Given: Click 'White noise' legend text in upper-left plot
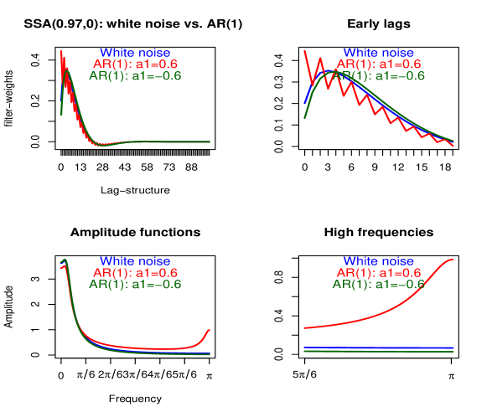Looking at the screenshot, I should coord(135,53).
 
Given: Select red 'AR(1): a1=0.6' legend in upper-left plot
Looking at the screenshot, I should coord(135,64).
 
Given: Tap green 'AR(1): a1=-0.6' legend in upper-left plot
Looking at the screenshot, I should coord(135,75).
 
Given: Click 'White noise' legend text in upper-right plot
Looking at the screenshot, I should coord(379,53).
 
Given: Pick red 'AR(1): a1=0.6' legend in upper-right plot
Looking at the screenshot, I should coord(379,64).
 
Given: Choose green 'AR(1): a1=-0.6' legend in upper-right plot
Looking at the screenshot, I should coord(379,75).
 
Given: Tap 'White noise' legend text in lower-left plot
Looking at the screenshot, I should coord(135,261).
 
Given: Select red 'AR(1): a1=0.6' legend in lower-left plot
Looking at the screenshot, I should coord(135,273).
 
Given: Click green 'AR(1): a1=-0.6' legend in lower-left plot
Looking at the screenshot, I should coord(135,284).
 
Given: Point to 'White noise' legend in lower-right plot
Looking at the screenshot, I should coord(379,261).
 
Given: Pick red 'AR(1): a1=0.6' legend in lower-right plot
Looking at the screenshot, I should coord(379,273).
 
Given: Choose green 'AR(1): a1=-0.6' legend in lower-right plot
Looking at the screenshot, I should coord(379,284).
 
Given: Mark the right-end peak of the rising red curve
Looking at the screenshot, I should coord(453,260).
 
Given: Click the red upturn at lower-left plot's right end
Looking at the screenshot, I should coord(208,331).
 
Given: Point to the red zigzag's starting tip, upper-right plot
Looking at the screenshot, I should coord(304,50).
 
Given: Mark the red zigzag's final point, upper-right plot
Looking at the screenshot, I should coord(453,146).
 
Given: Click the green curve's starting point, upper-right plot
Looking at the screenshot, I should coord(304,117).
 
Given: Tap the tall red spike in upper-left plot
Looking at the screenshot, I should coord(61,53).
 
